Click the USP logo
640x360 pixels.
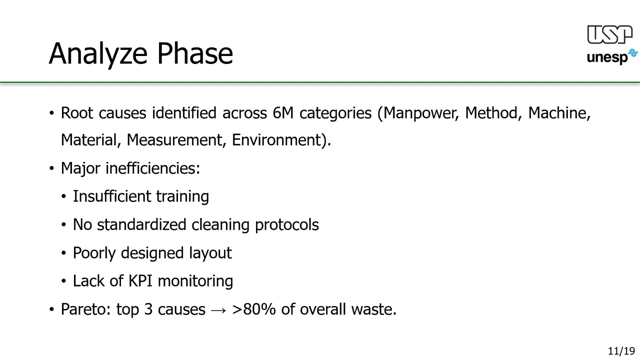tap(609, 35)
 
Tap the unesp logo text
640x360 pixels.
tap(607, 57)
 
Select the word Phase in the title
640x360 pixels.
tap(195, 53)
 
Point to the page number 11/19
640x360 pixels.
tap(621, 351)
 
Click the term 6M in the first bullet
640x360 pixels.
tap(283, 113)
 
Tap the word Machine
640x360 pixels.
tap(559, 113)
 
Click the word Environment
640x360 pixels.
tap(278, 140)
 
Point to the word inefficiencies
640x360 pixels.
tap(152, 168)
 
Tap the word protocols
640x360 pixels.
tap(286, 225)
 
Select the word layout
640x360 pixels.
tap(210, 253)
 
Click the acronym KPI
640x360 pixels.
tap(140, 281)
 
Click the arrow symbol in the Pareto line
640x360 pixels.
tap(218, 310)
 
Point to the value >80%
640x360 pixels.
tap(254, 309)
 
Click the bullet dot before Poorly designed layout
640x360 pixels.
tap(63, 253)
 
